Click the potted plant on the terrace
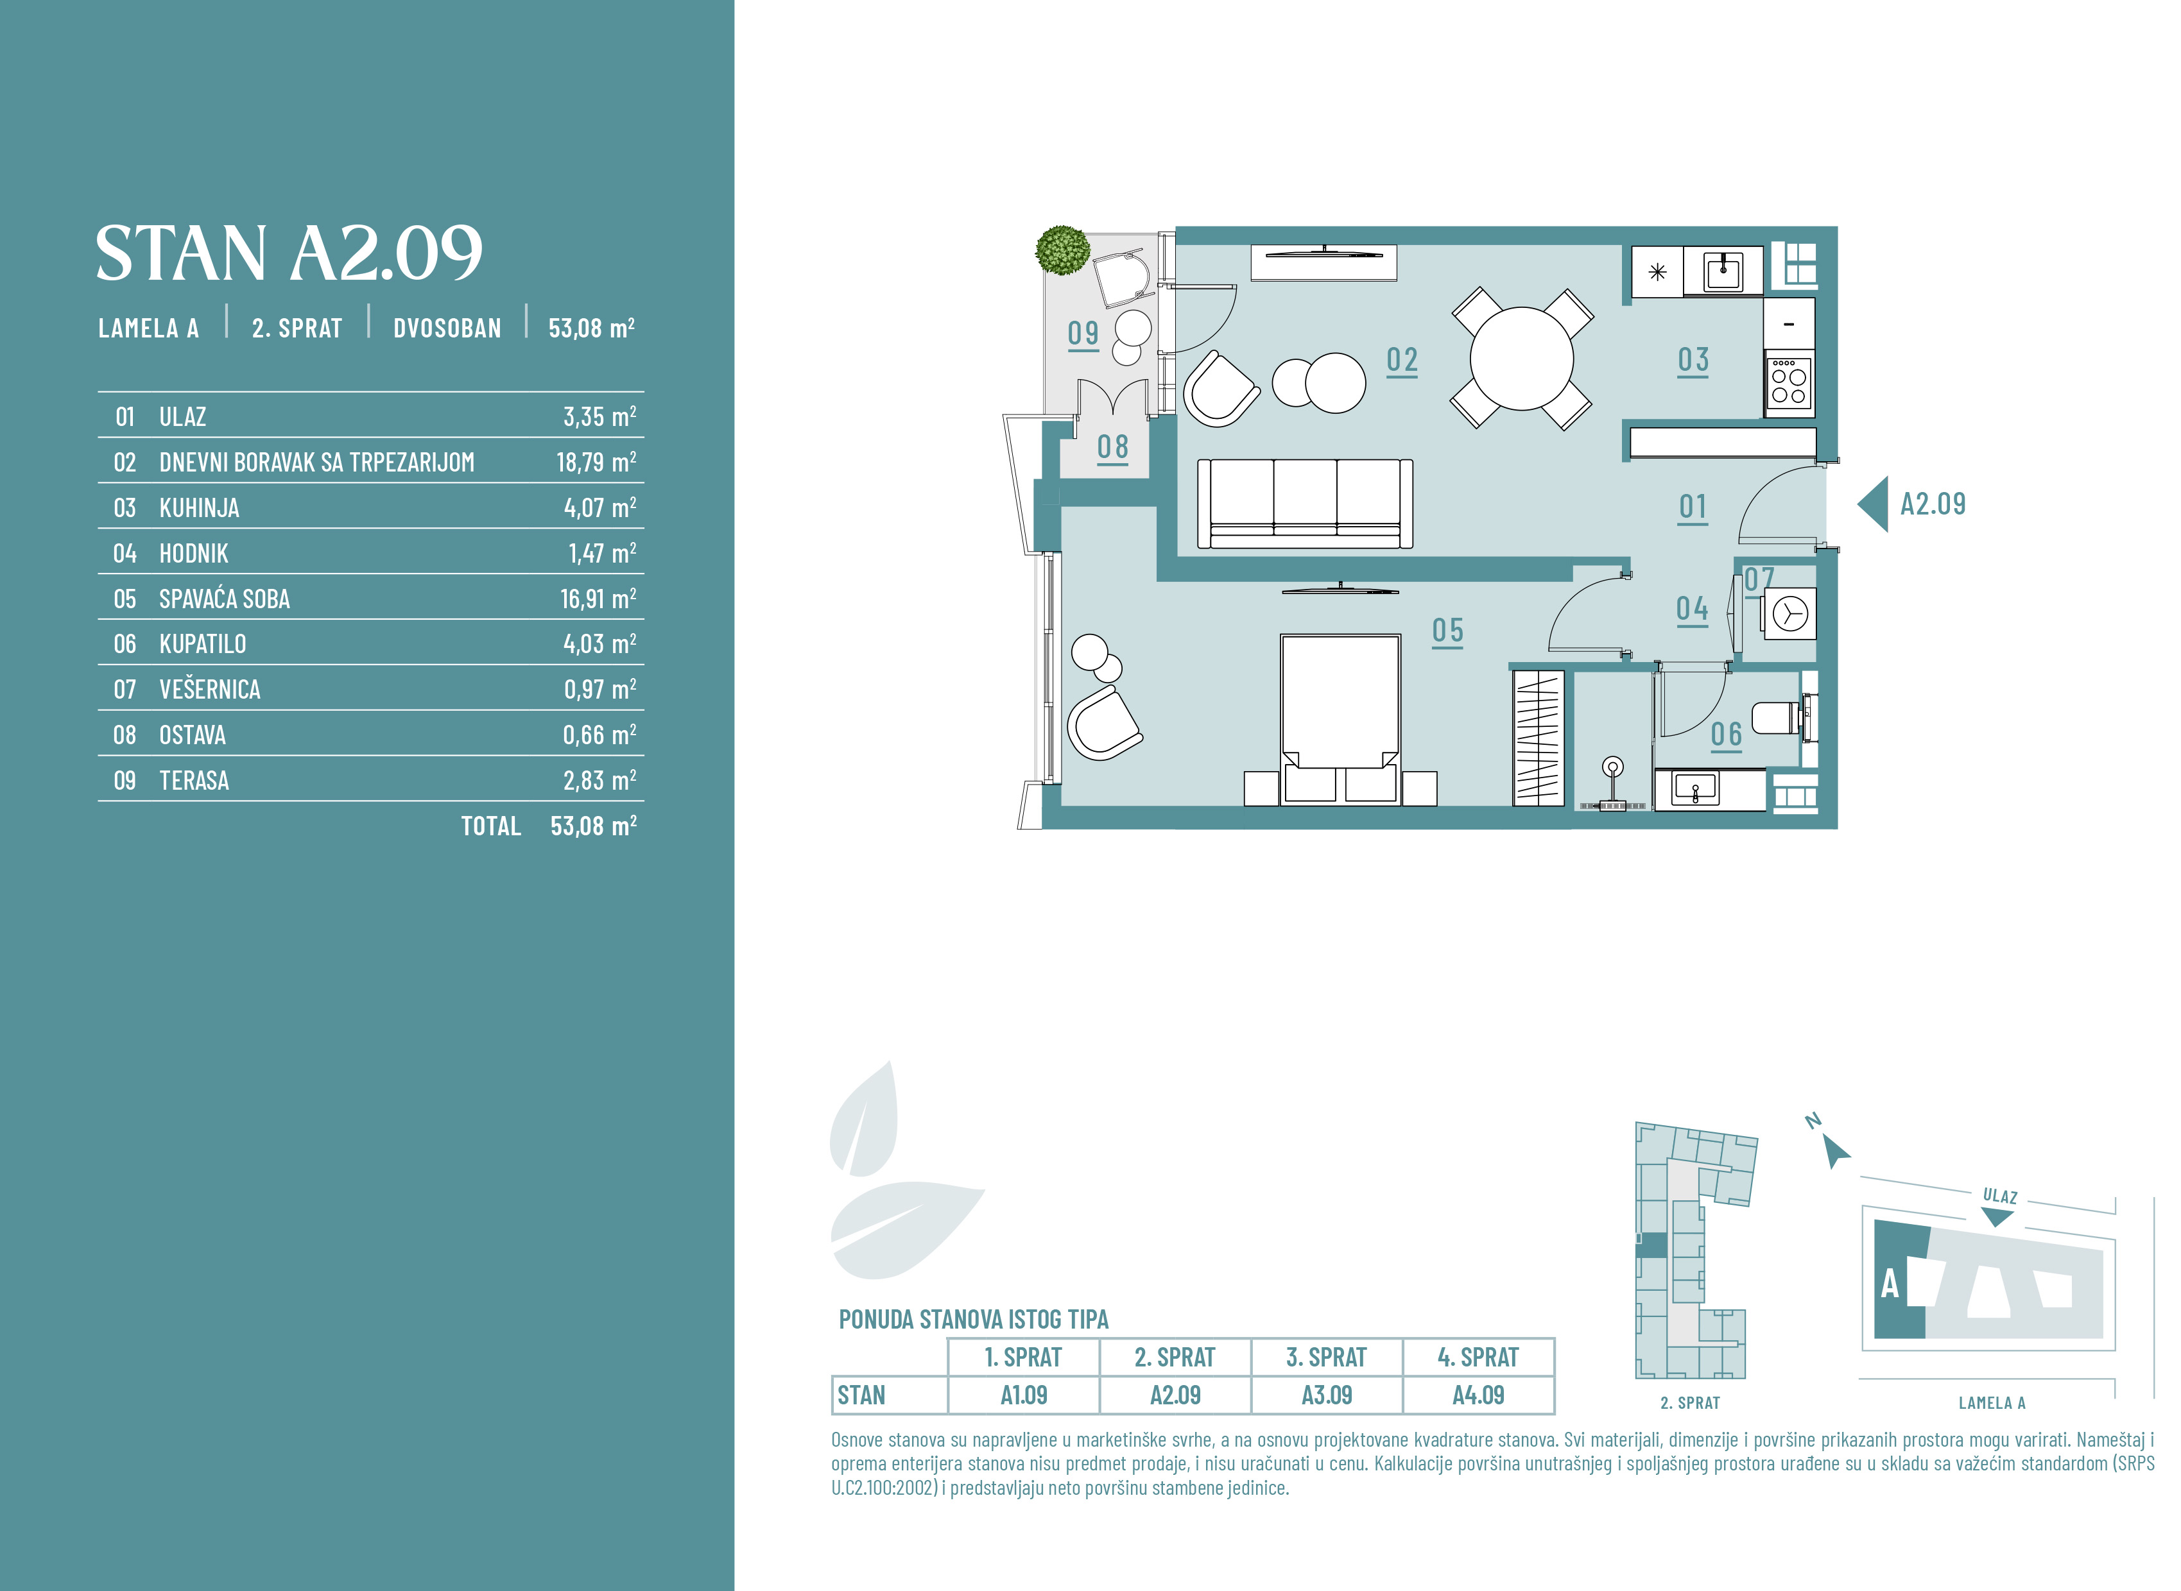(x=1062, y=250)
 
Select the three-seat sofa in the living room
(x=1304, y=504)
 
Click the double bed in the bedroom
(x=1340, y=717)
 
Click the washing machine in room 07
(x=1789, y=613)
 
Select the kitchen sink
(x=1723, y=271)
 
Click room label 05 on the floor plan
(x=1447, y=632)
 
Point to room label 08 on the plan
(x=1113, y=448)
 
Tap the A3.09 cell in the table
(x=1327, y=1395)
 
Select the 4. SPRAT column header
(x=1478, y=1357)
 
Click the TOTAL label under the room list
(x=490, y=826)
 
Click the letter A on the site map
(x=1890, y=1284)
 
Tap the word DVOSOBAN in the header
(x=447, y=328)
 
